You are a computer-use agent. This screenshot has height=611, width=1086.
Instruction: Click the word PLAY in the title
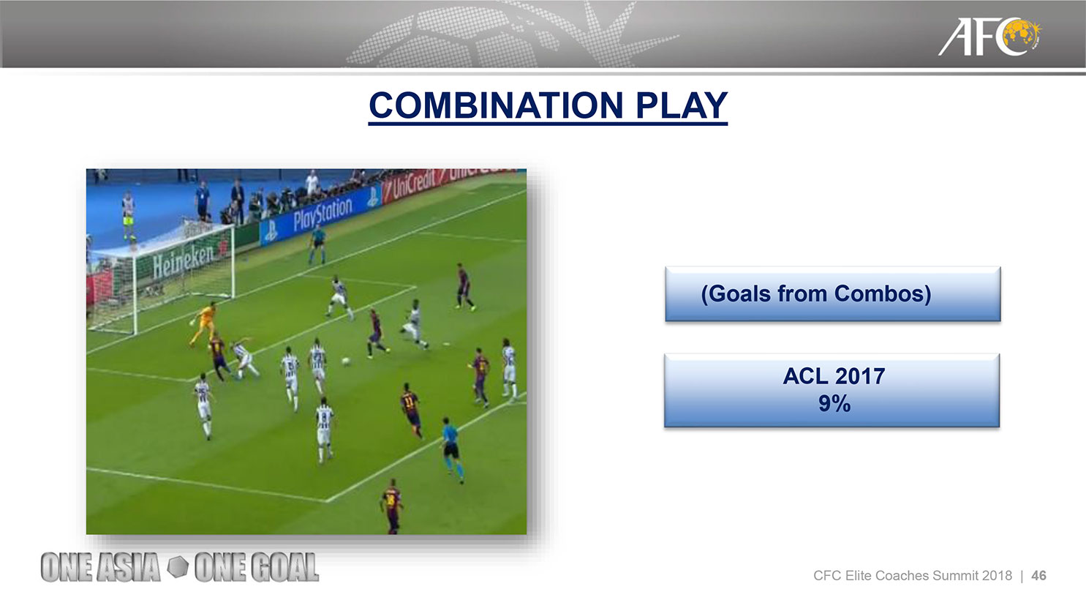(681, 105)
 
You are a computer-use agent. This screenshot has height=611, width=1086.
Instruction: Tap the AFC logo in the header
(989, 37)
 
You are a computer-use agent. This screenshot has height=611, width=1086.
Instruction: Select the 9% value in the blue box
(834, 403)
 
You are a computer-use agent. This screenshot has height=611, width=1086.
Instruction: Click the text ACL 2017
(834, 376)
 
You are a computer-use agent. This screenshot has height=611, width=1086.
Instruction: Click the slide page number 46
(1038, 576)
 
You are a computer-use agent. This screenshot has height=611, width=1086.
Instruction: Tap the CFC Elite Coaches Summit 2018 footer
(913, 576)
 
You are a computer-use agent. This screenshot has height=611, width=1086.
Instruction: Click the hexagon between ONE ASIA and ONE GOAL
(178, 566)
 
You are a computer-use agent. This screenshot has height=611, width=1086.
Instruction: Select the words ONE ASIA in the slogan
(100, 567)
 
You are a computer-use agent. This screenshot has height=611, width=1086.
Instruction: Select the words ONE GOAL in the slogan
(257, 567)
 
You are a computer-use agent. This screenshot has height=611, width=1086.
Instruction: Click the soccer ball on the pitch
(346, 361)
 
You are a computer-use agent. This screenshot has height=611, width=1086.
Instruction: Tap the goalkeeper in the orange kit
(203, 323)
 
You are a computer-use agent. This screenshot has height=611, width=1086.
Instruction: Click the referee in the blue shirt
(451, 449)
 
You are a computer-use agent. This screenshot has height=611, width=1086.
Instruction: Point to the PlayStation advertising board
(320, 216)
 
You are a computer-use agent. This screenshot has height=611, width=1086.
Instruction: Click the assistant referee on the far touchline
(317, 244)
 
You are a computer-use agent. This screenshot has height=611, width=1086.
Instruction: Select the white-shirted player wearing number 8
(325, 430)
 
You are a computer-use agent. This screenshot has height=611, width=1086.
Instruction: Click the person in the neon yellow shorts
(129, 215)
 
